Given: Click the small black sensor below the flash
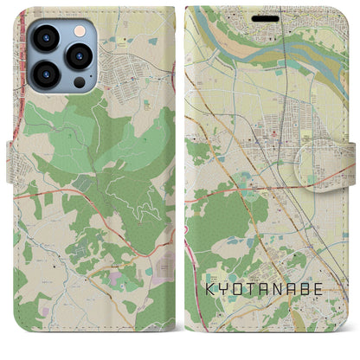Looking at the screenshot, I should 80,80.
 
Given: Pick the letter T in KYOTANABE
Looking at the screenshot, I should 246,286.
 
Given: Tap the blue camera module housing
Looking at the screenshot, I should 61,56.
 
